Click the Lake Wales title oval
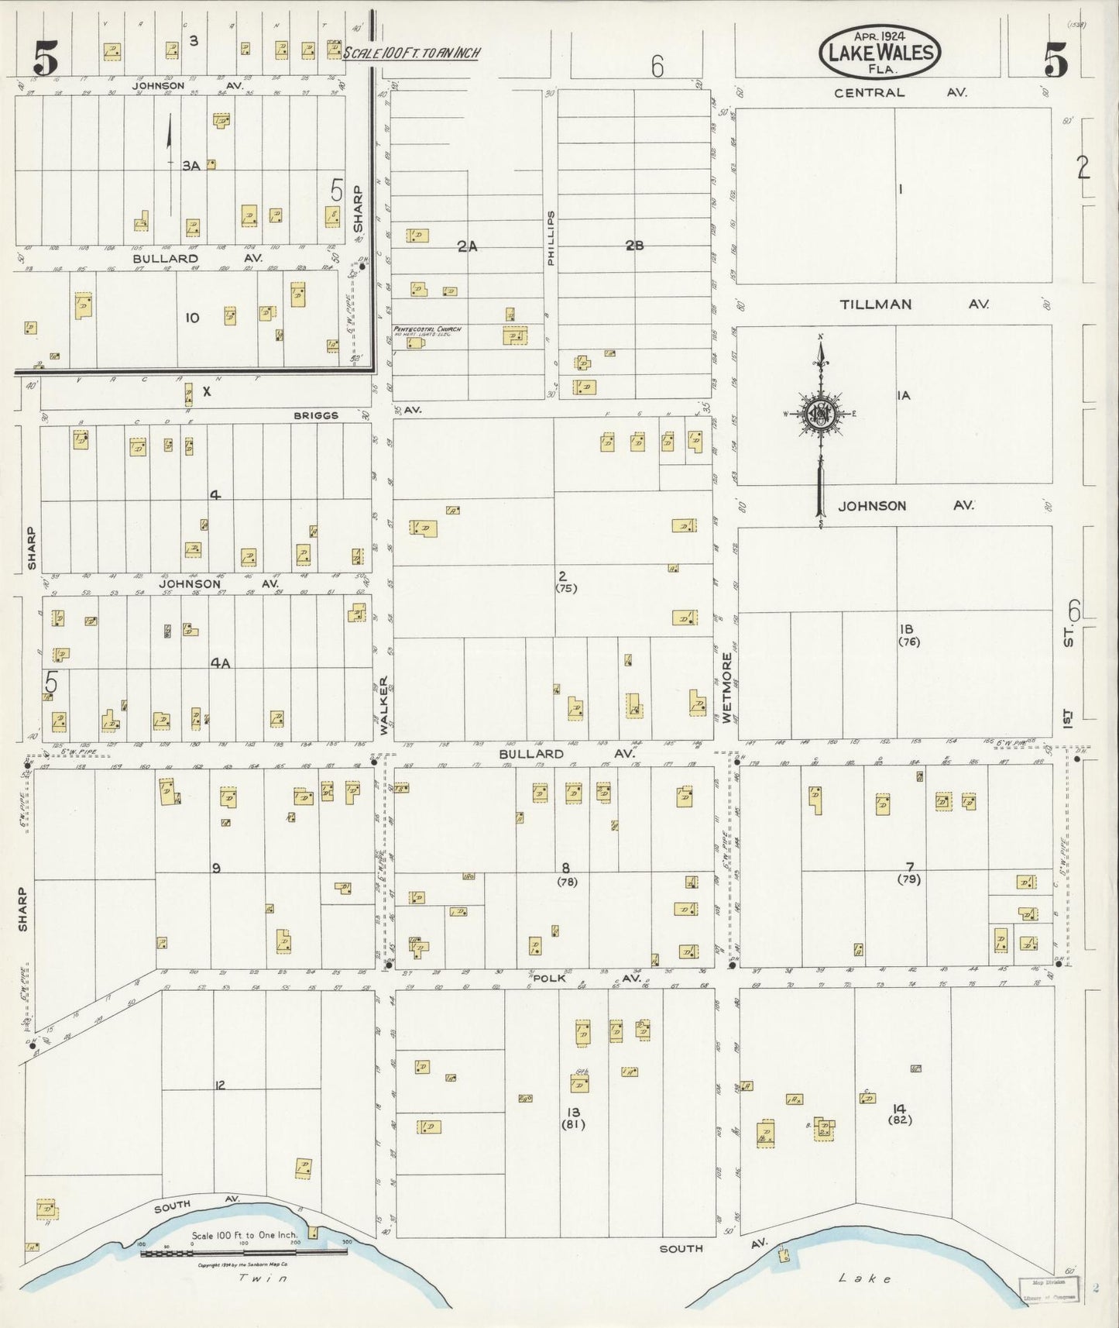point(880,52)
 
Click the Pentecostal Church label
point(427,329)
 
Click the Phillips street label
point(551,239)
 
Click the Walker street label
point(383,706)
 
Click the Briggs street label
point(316,415)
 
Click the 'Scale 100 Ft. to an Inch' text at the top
point(411,53)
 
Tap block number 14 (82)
point(900,1113)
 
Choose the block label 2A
point(467,246)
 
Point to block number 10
point(192,318)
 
